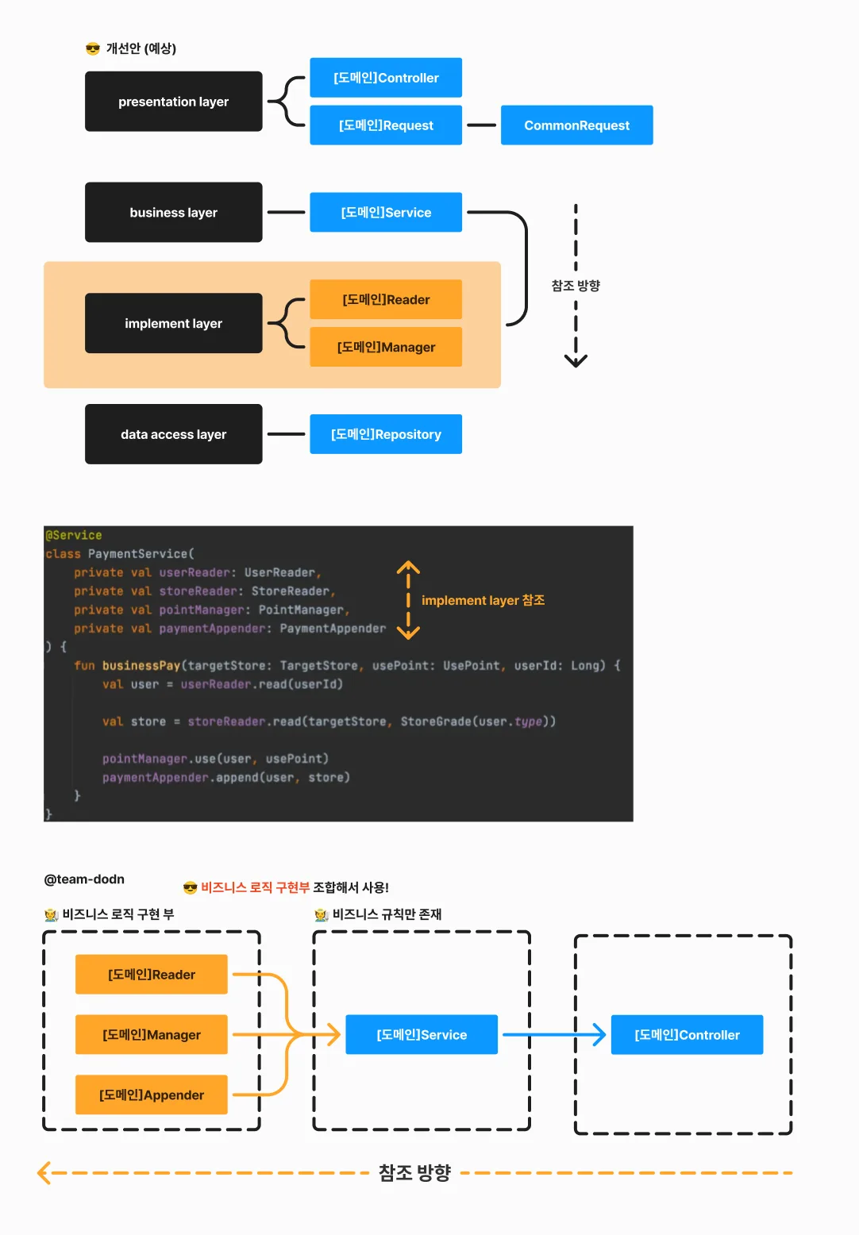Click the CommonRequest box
click(x=576, y=125)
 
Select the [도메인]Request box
click(x=386, y=125)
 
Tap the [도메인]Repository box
click(x=386, y=434)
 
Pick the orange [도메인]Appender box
click(x=152, y=1095)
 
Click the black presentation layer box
click(x=174, y=102)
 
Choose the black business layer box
click(x=174, y=212)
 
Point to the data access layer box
click(x=174, y=434)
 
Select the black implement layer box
click(x=174, y=323)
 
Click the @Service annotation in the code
click(x=74, y=535)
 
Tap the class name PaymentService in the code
click(x=138, y=553)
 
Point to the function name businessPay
click(x=141, y=665)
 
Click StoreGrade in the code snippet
click(x=436, y=721)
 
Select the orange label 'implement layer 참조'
click(x=483, y=600)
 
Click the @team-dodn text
click(x=84, y=879)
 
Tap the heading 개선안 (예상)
click(x=141, y=48)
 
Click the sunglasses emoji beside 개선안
click(x=93, y=49)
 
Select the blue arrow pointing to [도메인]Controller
click(x=554, y=1034)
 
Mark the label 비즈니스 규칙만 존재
click(x=387, y=914)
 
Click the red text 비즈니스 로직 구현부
click(x=256, y=887)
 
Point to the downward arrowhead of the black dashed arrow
click(x=576, y=361)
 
